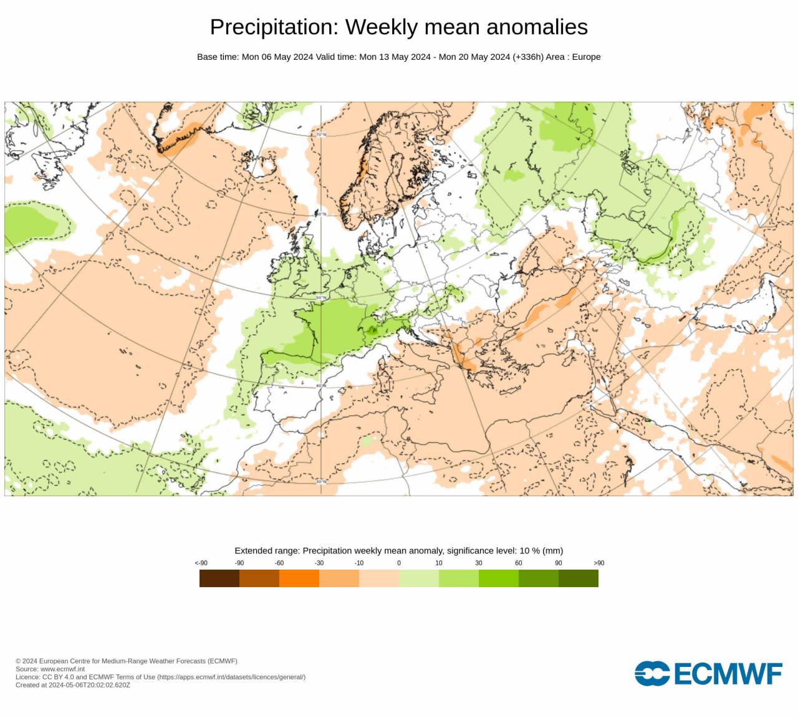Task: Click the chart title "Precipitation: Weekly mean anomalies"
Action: click(x=398, y=27)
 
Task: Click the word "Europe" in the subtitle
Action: click(x=586, y=57)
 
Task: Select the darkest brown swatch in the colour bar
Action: click(x=219, y=578)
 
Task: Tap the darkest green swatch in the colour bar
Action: click(x=578, y=578)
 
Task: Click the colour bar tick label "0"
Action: click(x=399, y=563)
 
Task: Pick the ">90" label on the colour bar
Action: click(x=598, y=563)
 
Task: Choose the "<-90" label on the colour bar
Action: click(x=201, y=563)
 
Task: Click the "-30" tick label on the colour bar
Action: click(x=319, y=563)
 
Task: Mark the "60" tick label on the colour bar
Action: click(x=519, y=563)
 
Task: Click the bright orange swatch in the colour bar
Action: click(x=299, y=578)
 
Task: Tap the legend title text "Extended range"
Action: click(x=266, y=551)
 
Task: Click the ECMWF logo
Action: click(x=708, y=674)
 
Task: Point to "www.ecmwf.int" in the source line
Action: click(x=62, y=669)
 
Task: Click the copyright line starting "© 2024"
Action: click(x=127, y=661)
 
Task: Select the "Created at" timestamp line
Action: click(x=73, y=685)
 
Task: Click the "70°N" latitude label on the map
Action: click(x=321, y=135)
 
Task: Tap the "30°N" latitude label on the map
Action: click(x=321, y=482)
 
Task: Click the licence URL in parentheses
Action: click(x=231, y=677)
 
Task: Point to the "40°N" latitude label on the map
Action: click(x=321, y=386)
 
